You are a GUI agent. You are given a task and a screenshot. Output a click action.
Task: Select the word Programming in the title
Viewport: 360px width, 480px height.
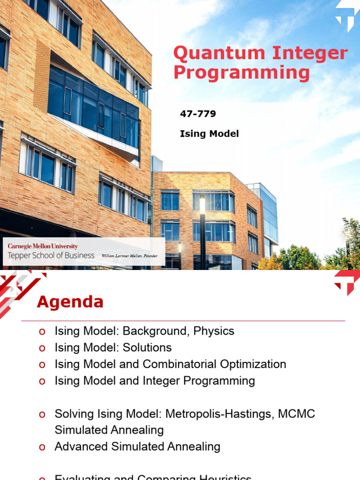(241, 73)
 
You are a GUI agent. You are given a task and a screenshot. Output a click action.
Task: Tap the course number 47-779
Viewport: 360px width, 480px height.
(198, 113)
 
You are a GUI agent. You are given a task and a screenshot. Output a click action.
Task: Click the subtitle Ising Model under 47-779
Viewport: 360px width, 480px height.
(209, 134)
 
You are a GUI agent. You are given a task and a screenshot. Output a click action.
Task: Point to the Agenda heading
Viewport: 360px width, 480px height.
(70, 302)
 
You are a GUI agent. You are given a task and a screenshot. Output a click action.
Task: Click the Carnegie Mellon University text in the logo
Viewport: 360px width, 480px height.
(43, 246)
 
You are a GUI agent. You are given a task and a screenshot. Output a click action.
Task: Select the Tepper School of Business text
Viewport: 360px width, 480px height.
(51, 255)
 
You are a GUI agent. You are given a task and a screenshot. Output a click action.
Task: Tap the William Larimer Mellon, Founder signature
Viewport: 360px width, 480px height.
(129, 256)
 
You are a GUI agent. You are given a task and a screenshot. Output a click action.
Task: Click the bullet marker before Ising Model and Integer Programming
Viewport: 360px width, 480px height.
(42, 381)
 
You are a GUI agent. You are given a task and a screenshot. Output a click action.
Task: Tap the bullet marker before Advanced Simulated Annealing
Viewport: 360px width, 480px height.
(42, 447)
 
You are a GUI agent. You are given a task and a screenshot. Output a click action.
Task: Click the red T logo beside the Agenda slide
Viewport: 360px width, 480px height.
(347, 282)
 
